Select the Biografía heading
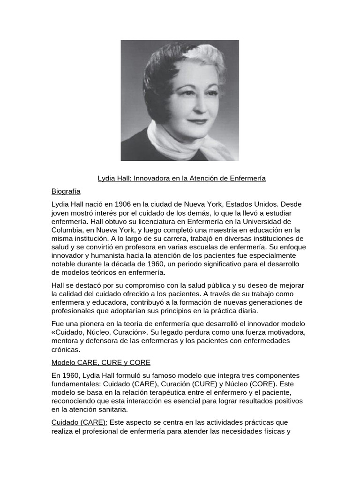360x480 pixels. pos(66,191)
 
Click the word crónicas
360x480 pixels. pos(66,349)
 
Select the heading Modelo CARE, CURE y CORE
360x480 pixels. pos(101,362)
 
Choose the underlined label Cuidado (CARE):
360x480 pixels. pos(80,422)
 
